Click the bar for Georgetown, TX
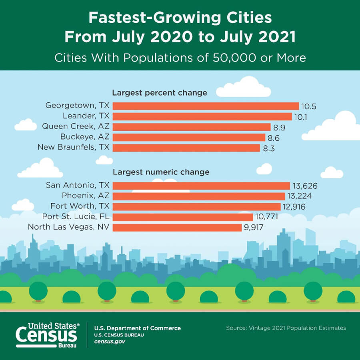pos(206,106)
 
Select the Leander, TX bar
pos(202,116)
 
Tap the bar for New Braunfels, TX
pos(186,148)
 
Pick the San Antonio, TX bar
pos(201,186)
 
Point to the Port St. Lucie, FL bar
pos(183,217)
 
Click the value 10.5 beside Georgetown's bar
pos(309,106)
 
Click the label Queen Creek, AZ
pos(76,127)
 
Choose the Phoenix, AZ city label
pos(86,196)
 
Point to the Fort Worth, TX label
pos(80,206)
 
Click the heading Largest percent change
pos(159,93)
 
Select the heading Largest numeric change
pos(161,172)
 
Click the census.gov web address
pos(109,342)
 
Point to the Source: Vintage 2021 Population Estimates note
pos(286,328)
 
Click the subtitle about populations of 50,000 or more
pos(180,58)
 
